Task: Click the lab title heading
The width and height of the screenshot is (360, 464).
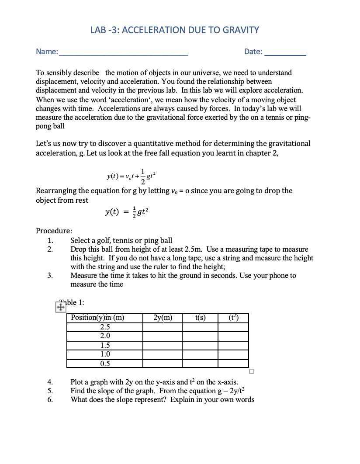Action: click(174, 30)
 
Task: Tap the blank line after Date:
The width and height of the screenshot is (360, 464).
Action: click(285, 52)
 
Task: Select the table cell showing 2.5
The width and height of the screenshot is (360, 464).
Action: click(105, 327)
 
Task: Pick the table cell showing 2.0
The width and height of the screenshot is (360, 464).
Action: click(105, 336)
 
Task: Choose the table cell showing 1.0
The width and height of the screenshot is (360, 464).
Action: click(105, 354)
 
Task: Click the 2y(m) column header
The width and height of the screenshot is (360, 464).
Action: click(163, 318)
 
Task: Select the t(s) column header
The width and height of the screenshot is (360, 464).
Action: click(200, 318)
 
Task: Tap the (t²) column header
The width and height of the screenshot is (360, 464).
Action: click(233, 318)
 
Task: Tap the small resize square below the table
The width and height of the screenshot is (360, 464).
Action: click(251, 372)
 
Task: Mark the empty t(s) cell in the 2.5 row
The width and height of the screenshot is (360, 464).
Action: click(200, 327)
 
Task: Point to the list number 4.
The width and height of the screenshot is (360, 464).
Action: click(50, 382)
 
